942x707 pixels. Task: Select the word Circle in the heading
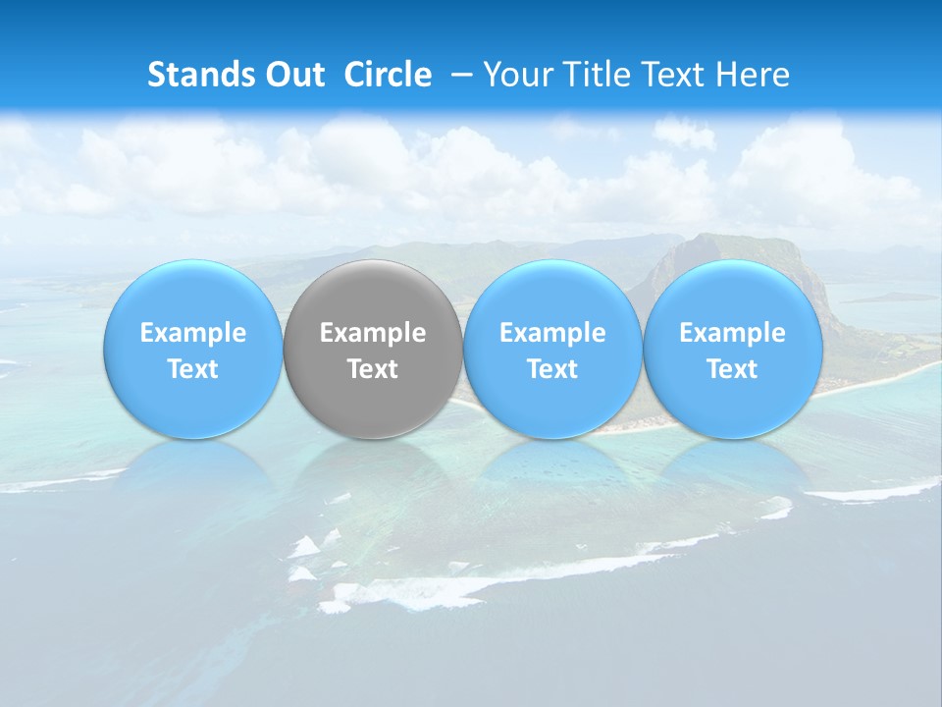(388, 75)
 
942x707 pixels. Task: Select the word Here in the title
(751, 75)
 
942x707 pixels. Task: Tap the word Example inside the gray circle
(373, 333)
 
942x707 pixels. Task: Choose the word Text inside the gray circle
(373, 369)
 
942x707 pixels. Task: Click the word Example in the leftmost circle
(192, 333)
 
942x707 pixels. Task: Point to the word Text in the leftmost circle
(192, 369)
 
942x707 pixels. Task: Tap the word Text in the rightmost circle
(733, 369)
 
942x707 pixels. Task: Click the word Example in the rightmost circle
(733, 333)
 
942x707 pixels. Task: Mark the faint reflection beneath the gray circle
(373, 471)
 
